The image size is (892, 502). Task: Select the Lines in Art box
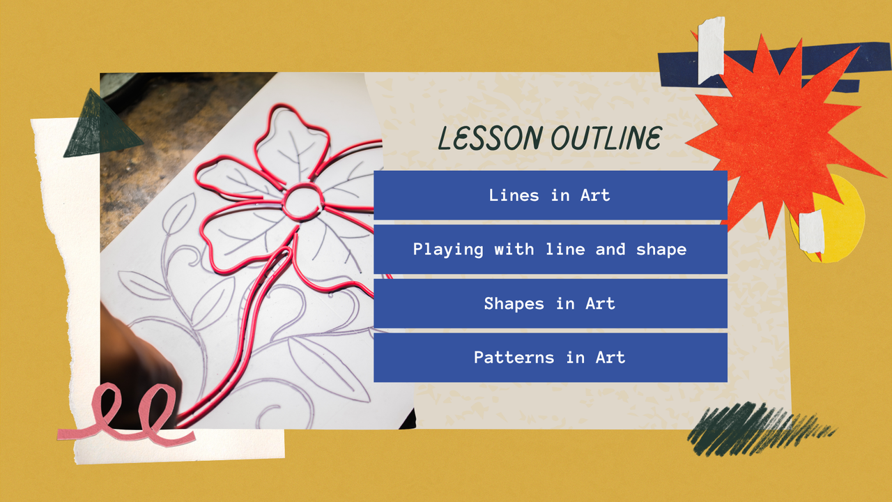click(550, 195)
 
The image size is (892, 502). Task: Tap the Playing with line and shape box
click(550, 249)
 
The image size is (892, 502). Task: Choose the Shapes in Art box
click(550, 303)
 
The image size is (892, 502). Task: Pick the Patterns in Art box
click(550, 357)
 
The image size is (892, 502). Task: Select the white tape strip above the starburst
click(711, 49)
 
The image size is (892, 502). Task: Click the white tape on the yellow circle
click(811, 232)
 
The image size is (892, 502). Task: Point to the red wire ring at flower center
click(303, 201)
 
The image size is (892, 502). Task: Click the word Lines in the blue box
click(514, 195)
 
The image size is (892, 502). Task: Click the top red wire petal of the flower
click(291, 139)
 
